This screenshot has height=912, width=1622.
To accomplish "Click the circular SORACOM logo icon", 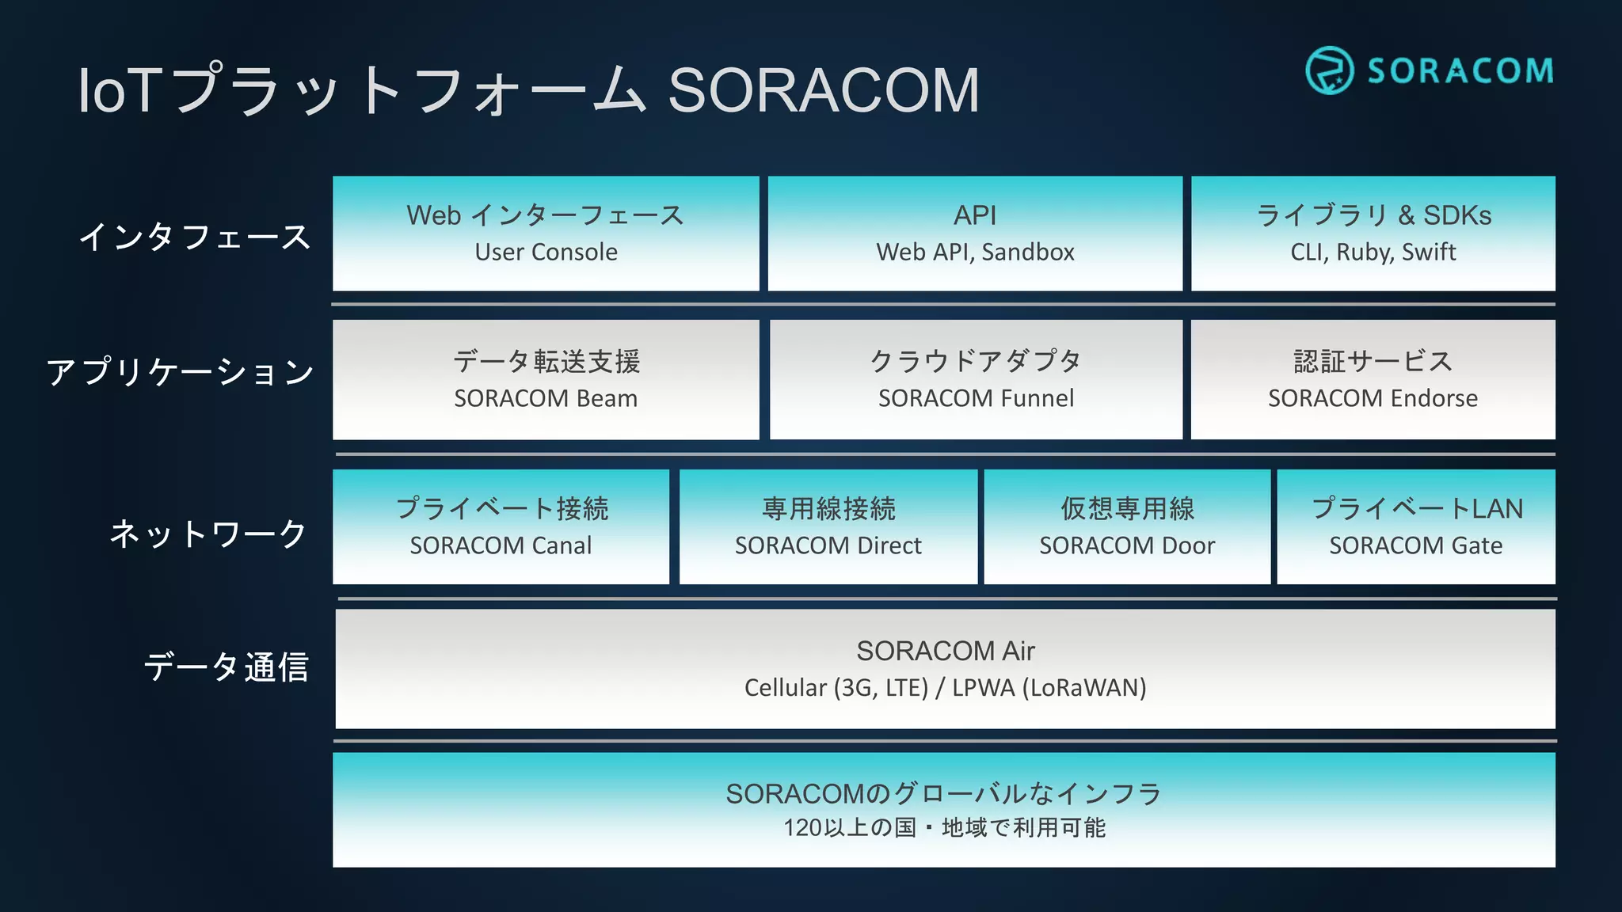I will (1329, 70).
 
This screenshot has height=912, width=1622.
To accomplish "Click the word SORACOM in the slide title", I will (824, 90).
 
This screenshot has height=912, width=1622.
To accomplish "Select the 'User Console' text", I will (546, 252).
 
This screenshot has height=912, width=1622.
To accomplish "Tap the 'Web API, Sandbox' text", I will (975, 252).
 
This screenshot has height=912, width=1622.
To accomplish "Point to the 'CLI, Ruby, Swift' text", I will (1373, 252).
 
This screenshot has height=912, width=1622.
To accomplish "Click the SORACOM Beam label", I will (546, 398).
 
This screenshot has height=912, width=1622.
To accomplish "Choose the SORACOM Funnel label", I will (976, 398).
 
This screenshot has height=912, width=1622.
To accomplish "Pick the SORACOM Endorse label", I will (1373, 398).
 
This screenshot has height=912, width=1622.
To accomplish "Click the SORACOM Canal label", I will (501, 545).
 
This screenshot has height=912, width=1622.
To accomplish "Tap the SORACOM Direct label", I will (828, 545).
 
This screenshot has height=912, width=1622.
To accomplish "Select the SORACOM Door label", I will (1127, 545).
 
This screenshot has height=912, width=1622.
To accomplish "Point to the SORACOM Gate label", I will (1415, 545).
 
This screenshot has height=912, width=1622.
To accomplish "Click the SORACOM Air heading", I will (946, 651).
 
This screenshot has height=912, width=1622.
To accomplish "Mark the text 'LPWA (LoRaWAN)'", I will (1049, 687).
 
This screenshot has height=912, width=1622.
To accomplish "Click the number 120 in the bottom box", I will (802, 828).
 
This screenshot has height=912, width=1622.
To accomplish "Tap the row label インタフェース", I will (195, 237).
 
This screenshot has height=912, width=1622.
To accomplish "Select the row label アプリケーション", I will (181, 372).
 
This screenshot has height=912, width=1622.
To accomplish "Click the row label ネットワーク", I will (208, 534).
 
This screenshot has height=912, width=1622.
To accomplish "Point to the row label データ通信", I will (226, 667).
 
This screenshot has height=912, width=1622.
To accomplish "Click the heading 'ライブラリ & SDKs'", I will (1373, 215).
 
